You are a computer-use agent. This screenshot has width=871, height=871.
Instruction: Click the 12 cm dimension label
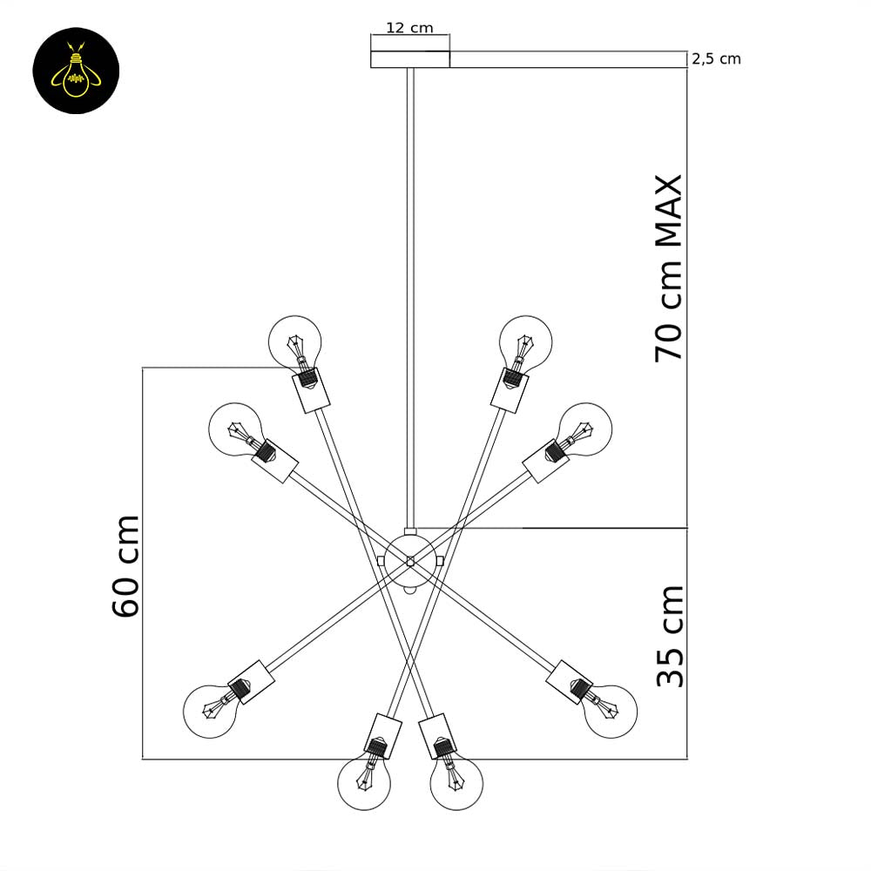pyautogui.click(x=409, y=28)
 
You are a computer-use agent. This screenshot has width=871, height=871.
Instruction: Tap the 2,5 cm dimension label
pyautogui.click(x=716, y=59)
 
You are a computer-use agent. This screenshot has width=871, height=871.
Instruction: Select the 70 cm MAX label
pyautogui.click(x=668, y=269)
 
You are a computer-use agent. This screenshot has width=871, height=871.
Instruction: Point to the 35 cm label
pyautogui.click(x=670, y=636)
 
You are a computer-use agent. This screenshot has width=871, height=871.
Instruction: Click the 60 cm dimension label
pyautogui.click(x=125, y=566)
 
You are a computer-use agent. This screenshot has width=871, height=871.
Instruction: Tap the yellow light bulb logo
pyautogui.click(x=76, y=71)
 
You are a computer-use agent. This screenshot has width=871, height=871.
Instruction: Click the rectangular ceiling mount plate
pyautogui.click(x=410, y=59)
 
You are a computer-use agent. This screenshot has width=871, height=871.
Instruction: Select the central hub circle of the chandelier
pyautogui.click(x=410, y=561)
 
